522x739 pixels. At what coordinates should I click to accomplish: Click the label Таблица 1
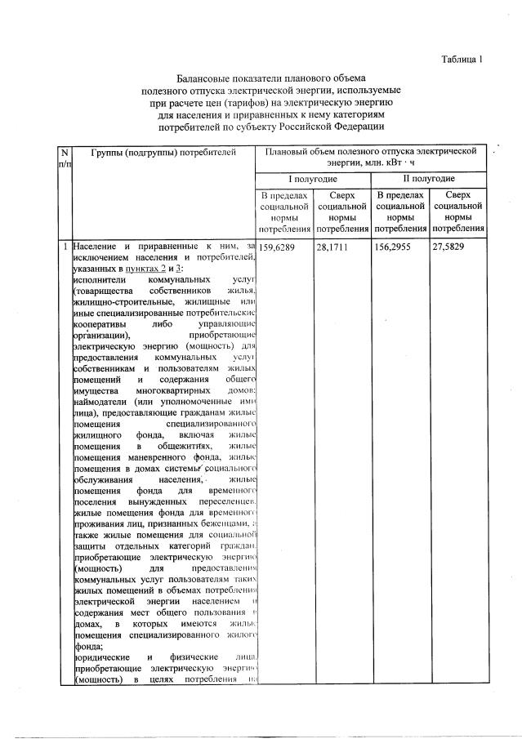[462, 60]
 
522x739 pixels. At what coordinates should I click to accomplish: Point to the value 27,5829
[452, 246]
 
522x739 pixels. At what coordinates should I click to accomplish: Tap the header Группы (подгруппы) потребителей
[163, 153]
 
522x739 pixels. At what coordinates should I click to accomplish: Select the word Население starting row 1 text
[96, 246]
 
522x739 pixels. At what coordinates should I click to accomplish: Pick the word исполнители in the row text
[99, 279]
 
